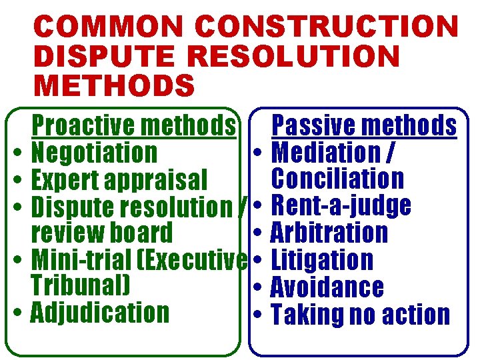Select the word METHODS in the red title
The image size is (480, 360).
(x=114, y=86)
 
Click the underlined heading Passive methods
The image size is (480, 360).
(x=365, y=125)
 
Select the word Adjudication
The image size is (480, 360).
(x=100, y=312)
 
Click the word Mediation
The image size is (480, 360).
(x=325, y=153)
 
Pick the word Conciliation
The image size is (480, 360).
(x=337, y=179)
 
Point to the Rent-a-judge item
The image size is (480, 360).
(x=341, y=206)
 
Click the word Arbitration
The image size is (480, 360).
(x=329, y=233)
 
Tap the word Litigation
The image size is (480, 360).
(x=323, y=260)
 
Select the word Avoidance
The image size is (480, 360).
(x=327, y=287)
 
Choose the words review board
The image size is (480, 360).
(x=102, y=233)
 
